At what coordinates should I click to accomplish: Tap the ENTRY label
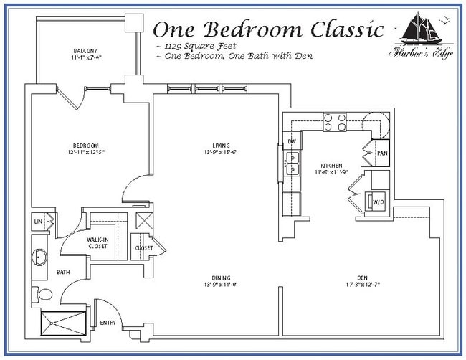click(108, 323)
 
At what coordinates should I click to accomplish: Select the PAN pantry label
click(381, 153)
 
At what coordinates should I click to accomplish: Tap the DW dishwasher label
click(292, 142)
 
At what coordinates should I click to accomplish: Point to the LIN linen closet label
click(37, 223)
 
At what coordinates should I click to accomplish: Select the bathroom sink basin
click(39, 256)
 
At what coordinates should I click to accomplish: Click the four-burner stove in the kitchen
click(335, 123)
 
